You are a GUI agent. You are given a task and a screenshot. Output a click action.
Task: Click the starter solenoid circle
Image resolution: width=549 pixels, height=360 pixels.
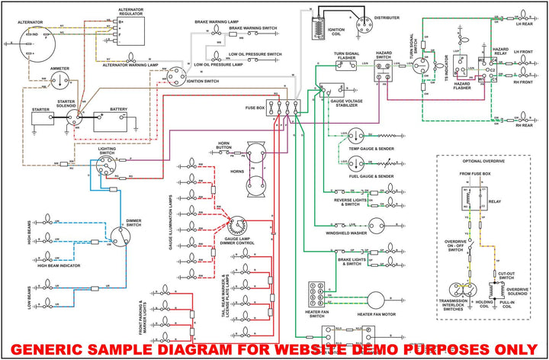click(x=75, y=117)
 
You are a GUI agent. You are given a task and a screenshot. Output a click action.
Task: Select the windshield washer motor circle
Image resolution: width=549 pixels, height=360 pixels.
click(x=379, y=227)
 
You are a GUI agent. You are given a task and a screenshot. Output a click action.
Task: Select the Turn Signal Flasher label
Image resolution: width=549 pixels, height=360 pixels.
click(x=347, y=54)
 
